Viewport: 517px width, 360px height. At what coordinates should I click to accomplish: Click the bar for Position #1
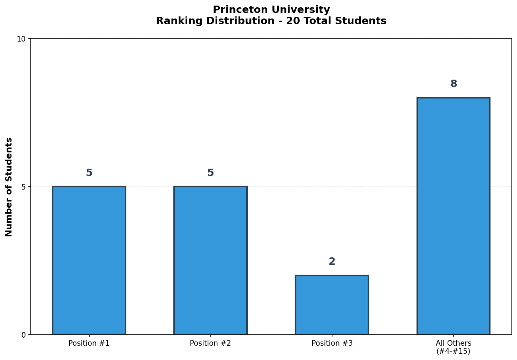[x=89, y=260]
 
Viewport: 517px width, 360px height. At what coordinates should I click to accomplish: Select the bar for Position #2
[x=210, y=260]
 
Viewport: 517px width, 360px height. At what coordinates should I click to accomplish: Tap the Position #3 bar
[x=332, y=304]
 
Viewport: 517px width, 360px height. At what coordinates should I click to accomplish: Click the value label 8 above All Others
[x=454, y=84]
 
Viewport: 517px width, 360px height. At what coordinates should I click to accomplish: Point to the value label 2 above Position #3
[x=332, y=262]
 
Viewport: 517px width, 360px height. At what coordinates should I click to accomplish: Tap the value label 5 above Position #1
[x=89, y=173]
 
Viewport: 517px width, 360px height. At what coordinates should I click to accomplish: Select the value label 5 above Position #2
[x=210, y=173]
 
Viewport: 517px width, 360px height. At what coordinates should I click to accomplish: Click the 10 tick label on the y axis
[x=21, y=39]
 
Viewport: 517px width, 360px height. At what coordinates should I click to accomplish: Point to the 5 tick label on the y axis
[x=23, y=187]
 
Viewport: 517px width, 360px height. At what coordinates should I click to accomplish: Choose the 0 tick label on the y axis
[x=23, y=335]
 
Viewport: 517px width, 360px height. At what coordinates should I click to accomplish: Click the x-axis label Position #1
[x=89, y=343]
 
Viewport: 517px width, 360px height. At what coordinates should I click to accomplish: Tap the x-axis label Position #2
[x=210, y=343]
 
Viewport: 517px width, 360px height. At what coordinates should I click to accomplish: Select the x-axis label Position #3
[x=332, y=343]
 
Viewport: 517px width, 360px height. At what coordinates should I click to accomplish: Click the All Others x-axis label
[x=453, y=343]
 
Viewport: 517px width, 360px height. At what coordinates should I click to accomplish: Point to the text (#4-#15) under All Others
[x=453, y=351]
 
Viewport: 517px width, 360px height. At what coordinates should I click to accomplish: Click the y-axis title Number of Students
[x=9, y=187]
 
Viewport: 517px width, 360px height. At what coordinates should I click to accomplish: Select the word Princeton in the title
[x=235, y=9]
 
